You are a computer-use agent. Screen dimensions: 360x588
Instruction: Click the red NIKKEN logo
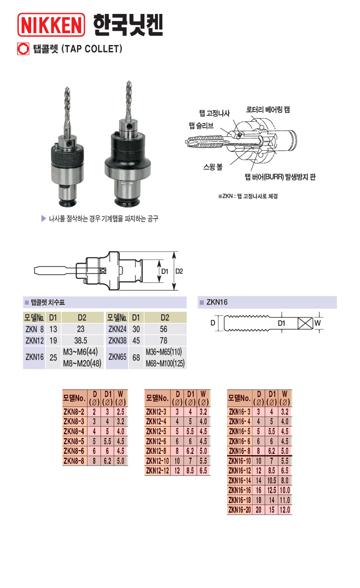51,24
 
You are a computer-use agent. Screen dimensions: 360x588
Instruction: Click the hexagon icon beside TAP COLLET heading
23,49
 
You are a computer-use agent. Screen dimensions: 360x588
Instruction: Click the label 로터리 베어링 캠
268,110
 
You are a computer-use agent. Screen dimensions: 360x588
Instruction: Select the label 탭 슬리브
202,125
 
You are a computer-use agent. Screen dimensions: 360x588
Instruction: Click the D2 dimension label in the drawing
179,271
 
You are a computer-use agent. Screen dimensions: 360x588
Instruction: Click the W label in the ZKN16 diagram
318,323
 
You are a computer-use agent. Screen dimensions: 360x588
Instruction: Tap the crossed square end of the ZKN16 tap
305,323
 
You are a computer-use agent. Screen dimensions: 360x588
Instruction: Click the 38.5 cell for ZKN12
81,341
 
